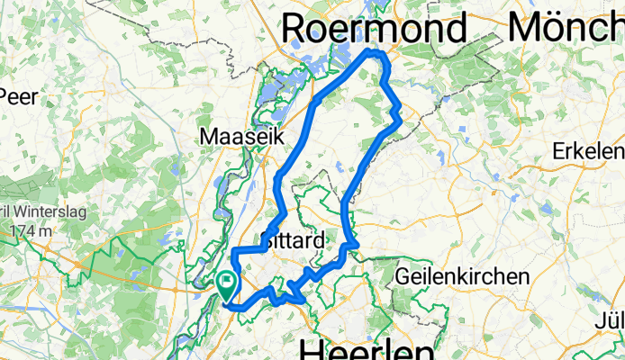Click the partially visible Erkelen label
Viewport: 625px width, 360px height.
click(589, 148)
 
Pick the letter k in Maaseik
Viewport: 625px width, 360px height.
click(278, 137)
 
